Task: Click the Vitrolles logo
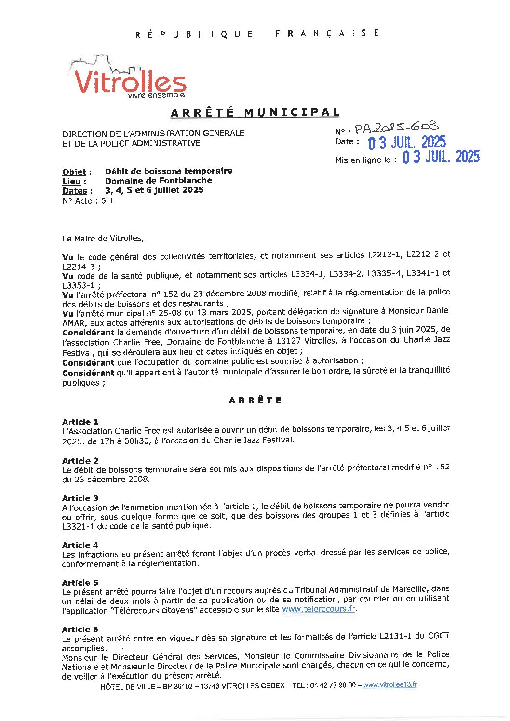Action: (x=129, y=79)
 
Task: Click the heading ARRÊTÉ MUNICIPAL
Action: (x=255, y=113)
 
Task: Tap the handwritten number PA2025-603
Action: (x=397, y=128)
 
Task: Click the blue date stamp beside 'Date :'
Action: (x=407, y=143)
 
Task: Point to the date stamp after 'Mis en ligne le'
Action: (x=441, y=157)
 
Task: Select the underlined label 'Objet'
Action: (x=74, y=172)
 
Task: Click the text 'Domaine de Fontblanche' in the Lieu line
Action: (x=159, y=181)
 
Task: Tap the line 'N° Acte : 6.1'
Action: (x=88, y=201)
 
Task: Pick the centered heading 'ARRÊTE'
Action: (x=255, y=401)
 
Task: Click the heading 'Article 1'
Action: (x=80, y=422)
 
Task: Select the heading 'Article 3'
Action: (x=80, y=498)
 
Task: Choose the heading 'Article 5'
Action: (x=80, y=583)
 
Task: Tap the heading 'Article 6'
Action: (x=80, y=629)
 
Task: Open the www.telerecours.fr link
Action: (x=319, y=609)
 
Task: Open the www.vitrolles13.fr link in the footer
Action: (x=390, y=685)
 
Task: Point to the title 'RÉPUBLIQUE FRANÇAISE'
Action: (x=257, y=34)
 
